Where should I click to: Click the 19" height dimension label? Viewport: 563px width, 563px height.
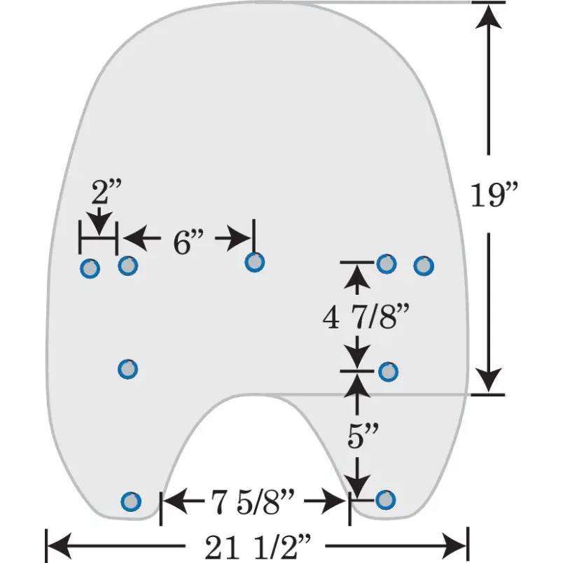pyautogui.click(x=494, y=195)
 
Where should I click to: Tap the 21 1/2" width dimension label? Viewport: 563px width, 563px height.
pyautogui.click(x=257, y=546)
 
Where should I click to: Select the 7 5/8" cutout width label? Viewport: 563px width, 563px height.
pyautogui.click(x=252, y=501)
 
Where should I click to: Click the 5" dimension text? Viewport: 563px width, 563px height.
pyautogui.click(x=363, y=435)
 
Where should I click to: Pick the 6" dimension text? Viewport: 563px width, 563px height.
pyautogui.click(x=188, y=242)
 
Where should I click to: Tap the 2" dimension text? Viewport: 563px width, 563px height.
pyautogui.click(x=106, y=191)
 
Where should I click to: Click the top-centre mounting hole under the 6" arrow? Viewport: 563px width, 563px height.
pyautogui.click(x=255, y=262)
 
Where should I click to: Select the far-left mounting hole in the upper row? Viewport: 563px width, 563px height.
pyautogui.click(x=90, y=269)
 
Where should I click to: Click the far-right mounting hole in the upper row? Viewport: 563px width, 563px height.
pyautogui.click(x=424, y=266)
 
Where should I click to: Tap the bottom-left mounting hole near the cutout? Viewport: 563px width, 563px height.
pyautogui.click(x=131, y=501)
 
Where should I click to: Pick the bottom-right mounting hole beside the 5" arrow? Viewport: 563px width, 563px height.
pyautogui.click(x=386, y=499)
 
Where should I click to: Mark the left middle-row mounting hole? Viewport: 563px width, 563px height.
pyautogui.click(x=128, y=369)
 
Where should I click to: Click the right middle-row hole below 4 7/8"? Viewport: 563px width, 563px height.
pyautogui.click(x=388, y=372)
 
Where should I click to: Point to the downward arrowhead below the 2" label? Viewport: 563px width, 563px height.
pyautogui.click(x=99, y=223)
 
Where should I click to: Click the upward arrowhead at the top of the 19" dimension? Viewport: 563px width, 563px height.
pyautogui.click(x=488, y=16)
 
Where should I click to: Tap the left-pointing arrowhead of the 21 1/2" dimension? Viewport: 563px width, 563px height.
pyautogui.click(x=60, y=545)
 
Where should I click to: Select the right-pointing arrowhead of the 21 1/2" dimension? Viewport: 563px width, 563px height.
pyautogui.click(x=454, y=545)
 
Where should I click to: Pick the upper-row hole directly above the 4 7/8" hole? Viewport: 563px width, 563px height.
pyautogui.click(x=387, y=264)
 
